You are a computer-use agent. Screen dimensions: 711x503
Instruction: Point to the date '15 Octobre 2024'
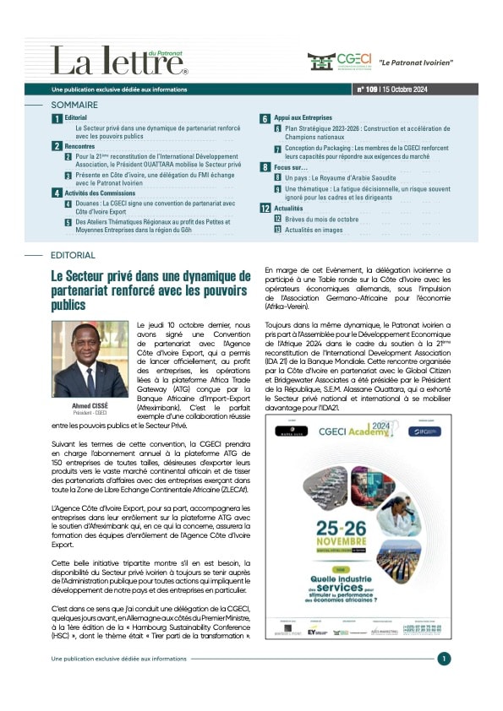(411, 89)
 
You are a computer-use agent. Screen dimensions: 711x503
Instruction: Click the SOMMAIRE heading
(74, 105)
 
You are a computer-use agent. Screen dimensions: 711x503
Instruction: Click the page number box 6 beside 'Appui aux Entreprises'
(265, 119)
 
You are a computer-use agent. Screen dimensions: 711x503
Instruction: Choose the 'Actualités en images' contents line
(315, 229)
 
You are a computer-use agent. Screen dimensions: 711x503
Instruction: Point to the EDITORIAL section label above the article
(73, 254)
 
